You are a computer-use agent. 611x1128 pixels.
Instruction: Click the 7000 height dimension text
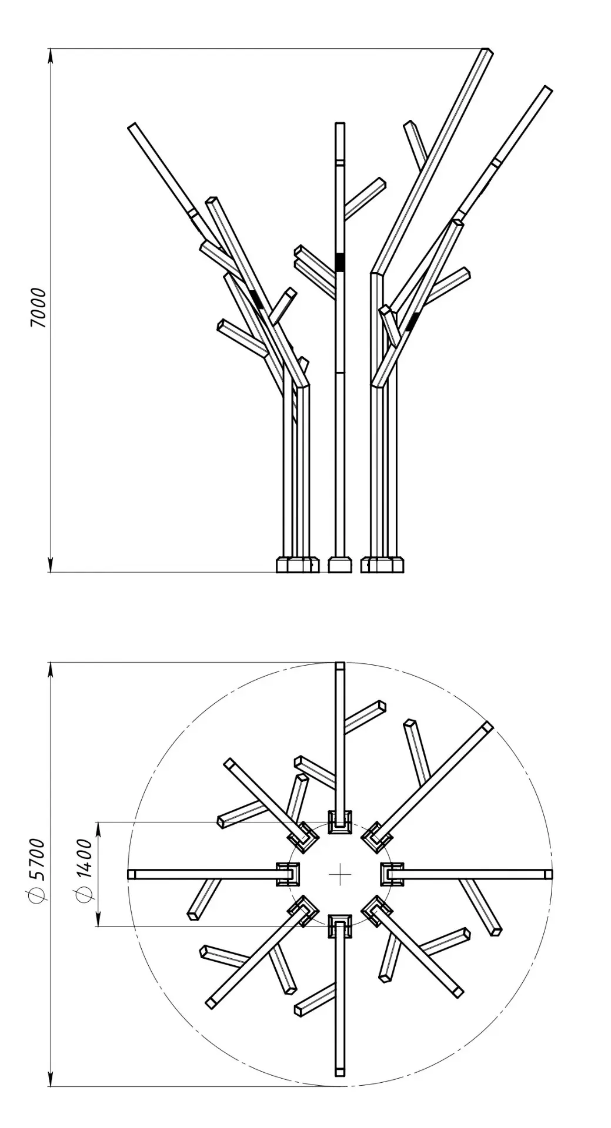[38, 308]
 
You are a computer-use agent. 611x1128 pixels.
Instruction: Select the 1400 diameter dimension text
[84, 870]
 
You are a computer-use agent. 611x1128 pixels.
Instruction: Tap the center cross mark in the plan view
[340, 874]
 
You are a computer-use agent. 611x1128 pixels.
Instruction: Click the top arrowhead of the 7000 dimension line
[51, 56]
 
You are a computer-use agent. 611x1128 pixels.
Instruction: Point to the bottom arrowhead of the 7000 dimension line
[51, 564]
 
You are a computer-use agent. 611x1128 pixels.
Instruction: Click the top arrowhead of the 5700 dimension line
[51, 670]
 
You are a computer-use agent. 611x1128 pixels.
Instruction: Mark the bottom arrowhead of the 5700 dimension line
[51, 1078]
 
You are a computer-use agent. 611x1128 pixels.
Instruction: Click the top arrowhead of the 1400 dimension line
[98, 829]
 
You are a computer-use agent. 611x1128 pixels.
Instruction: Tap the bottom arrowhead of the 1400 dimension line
[98, 919]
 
